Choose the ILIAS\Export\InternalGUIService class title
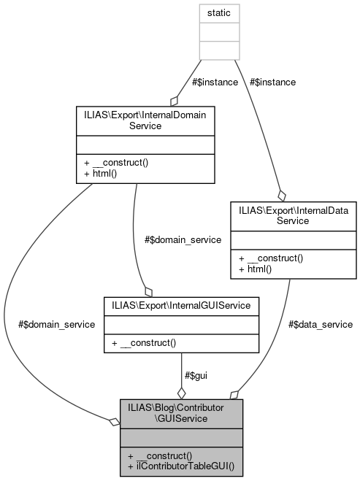click(181, 304)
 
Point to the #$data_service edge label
click(320, 323)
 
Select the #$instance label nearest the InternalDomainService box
click(215, 82)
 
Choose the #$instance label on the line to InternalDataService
click(272, 82)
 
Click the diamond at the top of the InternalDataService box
click(282, 195)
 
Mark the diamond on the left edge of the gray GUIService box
click(114, 422)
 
